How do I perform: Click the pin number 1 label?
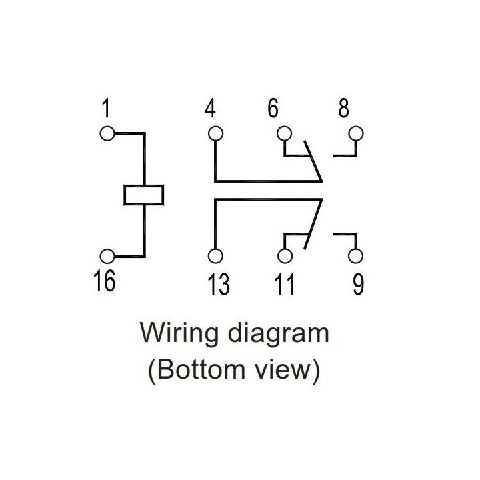[x=106, y=108]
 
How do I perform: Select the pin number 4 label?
[x=211, y=109]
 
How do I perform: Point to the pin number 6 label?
[x=273, y=109]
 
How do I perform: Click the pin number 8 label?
[x=343, y=109]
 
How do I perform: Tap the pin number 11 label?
[x=285, y=285]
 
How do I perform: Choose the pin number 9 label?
[x=358, y=285]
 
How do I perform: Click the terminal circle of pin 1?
[x=107, y=133]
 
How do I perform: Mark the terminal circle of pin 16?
[x=107, y=256]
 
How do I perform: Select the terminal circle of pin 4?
[x=215, y=133]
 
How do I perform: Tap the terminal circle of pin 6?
[x=285, y=133]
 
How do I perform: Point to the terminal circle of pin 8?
[x=357, y=133]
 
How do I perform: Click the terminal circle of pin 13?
[x=215, y=257]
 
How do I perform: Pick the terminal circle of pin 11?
[x=285, y=257]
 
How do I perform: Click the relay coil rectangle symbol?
[x=144, y=194]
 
